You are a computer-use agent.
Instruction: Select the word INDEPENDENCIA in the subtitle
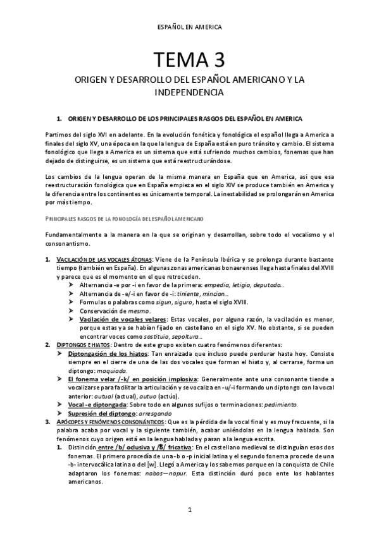(189, 92)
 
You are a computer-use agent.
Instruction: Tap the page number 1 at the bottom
(189, 510)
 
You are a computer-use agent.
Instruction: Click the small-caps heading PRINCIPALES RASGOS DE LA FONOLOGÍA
(124, 218)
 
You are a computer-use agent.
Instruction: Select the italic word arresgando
(162, 395)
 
